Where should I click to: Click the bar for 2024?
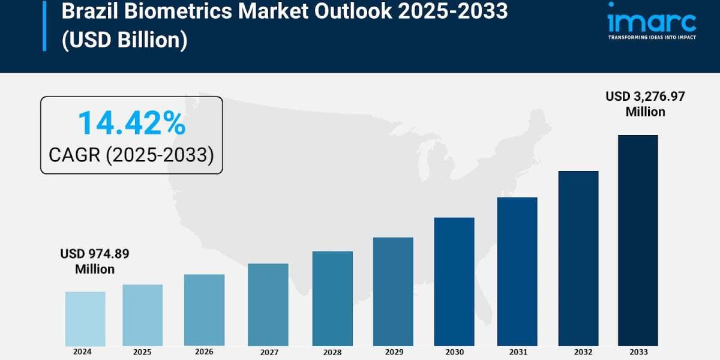85,319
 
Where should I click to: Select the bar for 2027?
268,305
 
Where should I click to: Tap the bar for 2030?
454,281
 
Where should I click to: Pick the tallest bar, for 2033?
638,240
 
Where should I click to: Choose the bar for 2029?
393,292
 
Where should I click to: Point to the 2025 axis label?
142,352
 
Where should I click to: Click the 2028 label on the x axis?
332,352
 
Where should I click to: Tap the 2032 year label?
578,352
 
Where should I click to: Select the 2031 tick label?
517,352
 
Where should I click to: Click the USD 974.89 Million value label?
95,262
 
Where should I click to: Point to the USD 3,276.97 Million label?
645,104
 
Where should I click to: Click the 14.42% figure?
131,123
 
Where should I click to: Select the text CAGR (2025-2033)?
131,155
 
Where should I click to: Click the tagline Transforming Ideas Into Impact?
652,37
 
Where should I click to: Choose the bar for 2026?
204,310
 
